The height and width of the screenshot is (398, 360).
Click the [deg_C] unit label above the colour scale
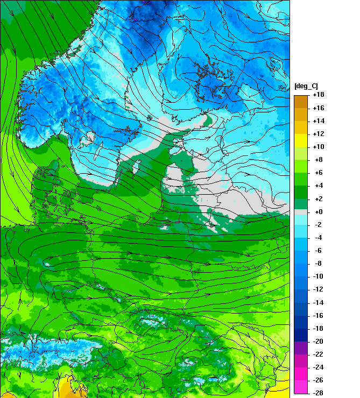(x=306, y=87)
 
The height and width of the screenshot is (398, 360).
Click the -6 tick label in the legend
(x=318, y=251)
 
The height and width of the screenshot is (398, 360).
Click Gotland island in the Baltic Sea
(x=136, y=165)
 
